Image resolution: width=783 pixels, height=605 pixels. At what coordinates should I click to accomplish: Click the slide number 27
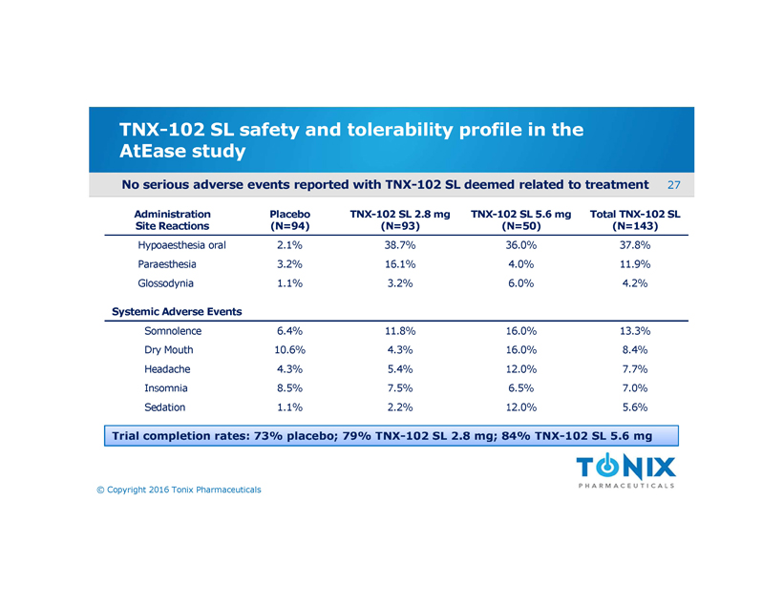point(673,183)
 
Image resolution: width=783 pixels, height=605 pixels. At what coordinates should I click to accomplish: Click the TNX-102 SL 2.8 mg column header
point(399,220)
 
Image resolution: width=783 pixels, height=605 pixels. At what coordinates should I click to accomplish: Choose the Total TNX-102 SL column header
point(634,220)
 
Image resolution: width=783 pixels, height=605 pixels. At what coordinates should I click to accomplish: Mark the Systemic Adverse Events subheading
point(177,311)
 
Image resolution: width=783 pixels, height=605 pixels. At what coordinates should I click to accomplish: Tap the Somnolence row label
point(173,331)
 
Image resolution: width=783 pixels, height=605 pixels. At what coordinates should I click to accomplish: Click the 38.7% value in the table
point(397,245)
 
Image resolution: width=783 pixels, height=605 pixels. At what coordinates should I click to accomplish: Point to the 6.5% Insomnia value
point(515,388)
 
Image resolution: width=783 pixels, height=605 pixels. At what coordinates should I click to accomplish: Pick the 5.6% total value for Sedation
point(634,407)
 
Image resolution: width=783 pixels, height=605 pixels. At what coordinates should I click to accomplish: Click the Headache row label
point(167,369)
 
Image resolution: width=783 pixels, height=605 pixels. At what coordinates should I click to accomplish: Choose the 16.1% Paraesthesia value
point(397,264)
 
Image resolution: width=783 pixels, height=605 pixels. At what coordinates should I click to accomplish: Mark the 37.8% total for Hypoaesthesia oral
point(634,245)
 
